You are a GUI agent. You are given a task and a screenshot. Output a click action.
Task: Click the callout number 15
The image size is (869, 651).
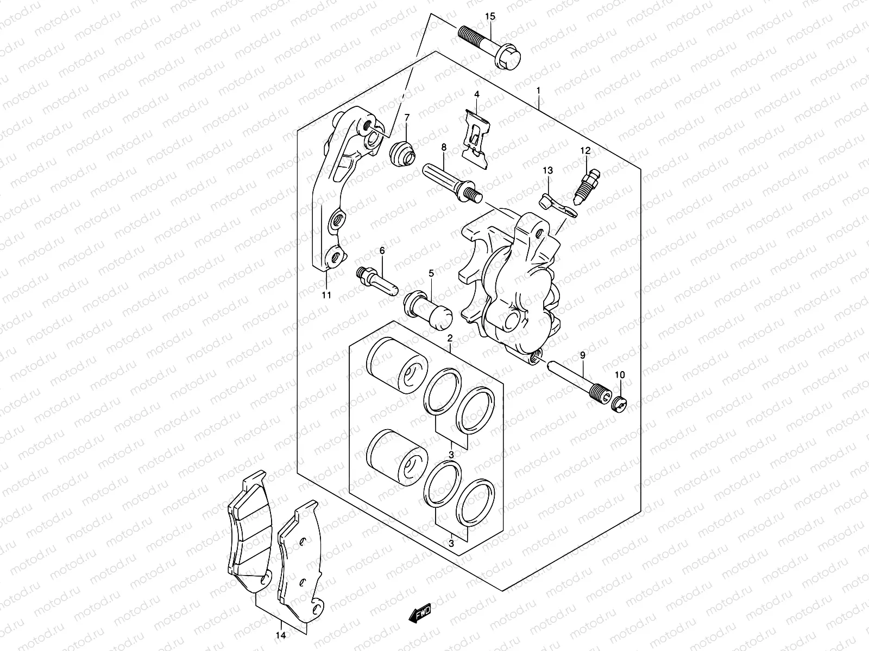(x=490, y=17)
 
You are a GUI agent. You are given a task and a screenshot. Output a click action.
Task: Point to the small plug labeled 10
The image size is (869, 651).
(x=620, y=403)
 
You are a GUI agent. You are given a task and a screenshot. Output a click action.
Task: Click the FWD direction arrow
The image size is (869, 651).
(x=420, y=615)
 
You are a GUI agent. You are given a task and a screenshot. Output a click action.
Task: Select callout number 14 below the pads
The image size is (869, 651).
(x=280, y=635)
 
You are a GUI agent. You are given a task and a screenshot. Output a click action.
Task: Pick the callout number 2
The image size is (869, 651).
(x=450, y=338)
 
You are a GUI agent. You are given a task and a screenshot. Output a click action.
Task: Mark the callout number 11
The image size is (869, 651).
(x=326, y=295)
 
